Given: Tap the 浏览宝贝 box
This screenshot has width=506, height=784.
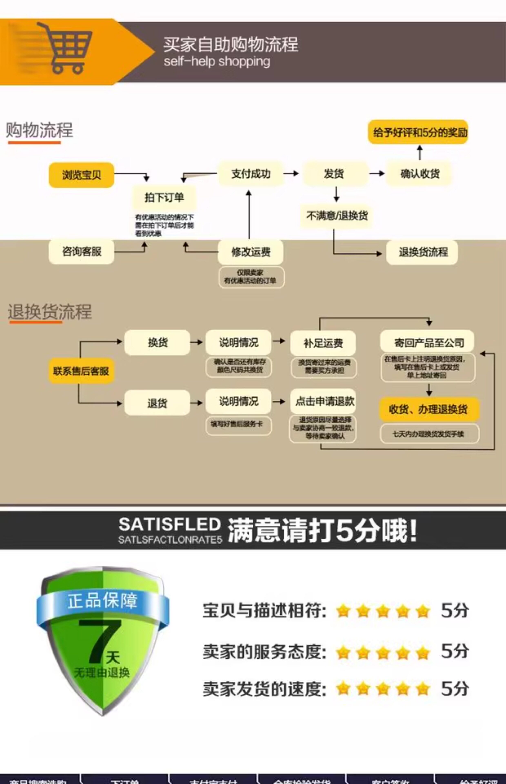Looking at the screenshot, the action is pos(81,175).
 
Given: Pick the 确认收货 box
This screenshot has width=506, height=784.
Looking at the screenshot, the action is pos(419,174).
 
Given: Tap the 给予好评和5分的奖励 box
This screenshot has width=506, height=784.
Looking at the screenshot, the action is pos(418,132).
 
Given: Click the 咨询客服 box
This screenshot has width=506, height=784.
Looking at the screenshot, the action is pos(81,252).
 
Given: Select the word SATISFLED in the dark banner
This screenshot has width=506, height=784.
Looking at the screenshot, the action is pos(169,525).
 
